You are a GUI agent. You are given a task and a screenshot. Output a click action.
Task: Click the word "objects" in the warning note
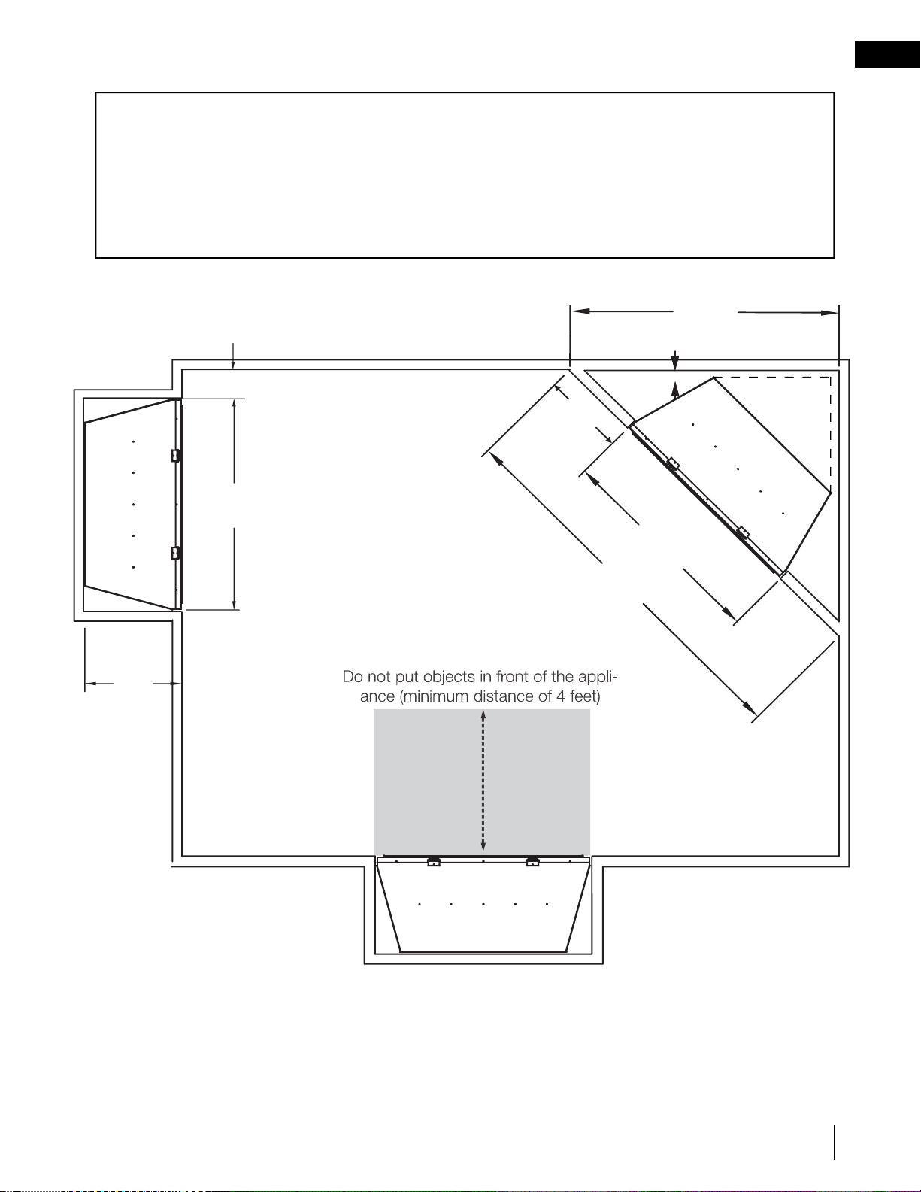tap(449, 677)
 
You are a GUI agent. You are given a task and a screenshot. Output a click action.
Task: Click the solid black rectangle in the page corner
tap(888, 55)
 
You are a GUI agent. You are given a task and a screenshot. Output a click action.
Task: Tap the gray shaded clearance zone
tap(482, 782)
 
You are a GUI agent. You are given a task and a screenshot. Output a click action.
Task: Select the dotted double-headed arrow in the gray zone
tap(483, 781)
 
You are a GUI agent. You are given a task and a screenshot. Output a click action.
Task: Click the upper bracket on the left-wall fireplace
tap(176, 455)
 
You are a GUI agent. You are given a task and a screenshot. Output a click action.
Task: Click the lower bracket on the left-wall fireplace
tap(176, 553)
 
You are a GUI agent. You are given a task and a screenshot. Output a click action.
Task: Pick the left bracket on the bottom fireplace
tap(434, 861)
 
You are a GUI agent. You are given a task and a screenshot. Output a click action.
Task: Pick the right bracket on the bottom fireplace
tap(532, 861)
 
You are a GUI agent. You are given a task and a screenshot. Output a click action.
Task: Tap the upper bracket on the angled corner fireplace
tap(673, 463)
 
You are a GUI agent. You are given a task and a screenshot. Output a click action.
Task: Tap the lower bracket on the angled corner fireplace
tap(744, 532)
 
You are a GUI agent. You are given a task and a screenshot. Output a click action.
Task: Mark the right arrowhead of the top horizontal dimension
tap(829, 313)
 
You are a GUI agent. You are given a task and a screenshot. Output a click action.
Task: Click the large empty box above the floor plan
tap(465, 175)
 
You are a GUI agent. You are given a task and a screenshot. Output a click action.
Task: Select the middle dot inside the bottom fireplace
tap(483, 904)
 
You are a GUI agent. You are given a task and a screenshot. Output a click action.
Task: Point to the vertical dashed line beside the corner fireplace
tap(831, 433)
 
